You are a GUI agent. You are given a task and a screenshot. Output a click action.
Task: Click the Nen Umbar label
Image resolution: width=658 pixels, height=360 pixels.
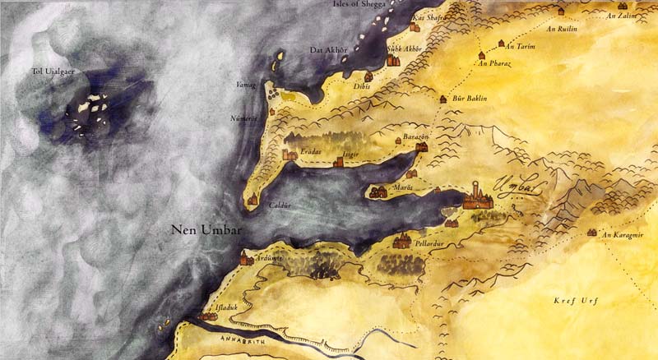click(206, 231)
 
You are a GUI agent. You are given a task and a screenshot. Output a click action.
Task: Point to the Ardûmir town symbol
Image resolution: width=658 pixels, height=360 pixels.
click(245, 260)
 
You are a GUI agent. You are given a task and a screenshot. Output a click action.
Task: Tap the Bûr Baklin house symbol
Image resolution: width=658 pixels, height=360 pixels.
click(443, 99)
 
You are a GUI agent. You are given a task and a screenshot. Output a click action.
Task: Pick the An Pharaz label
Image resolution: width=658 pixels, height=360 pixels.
click(493, 62)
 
